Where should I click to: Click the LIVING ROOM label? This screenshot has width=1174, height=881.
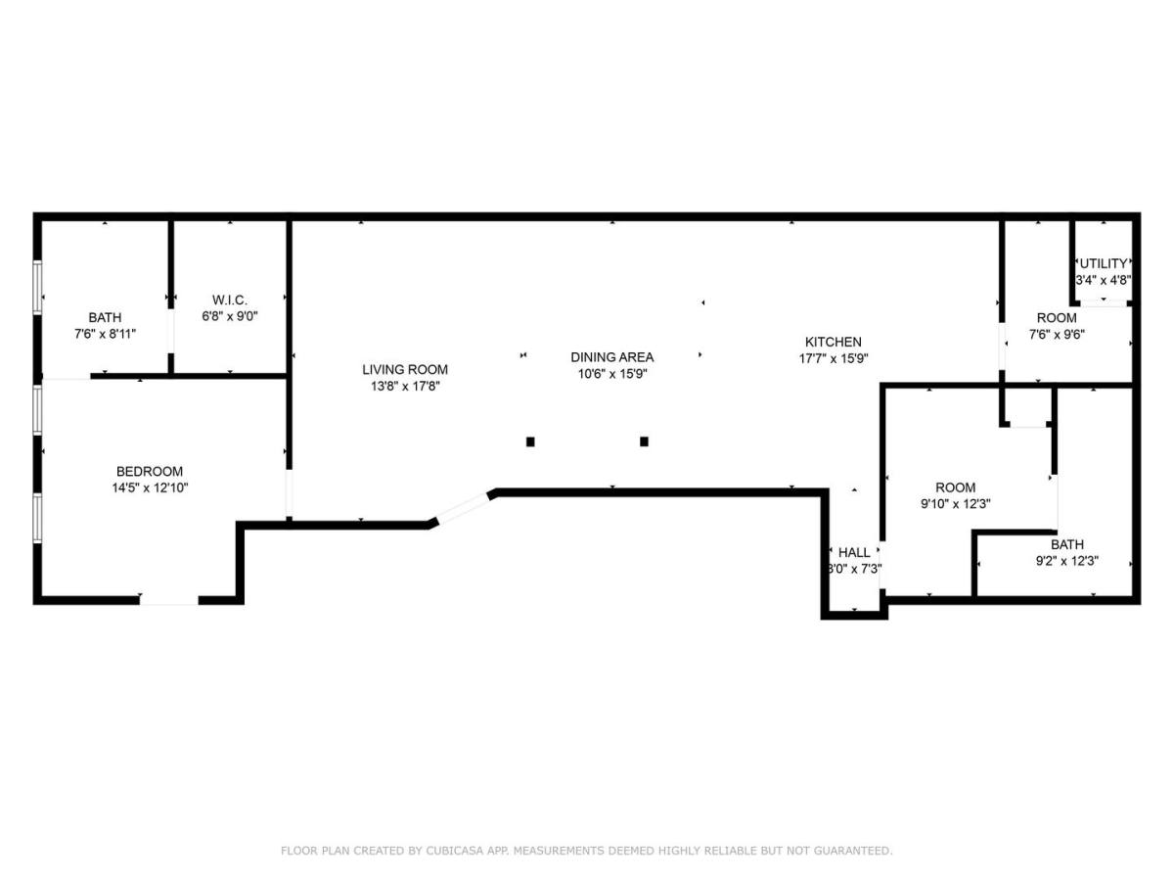[x=405, y=369]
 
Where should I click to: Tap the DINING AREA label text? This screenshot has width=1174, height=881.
[x=611, y=356]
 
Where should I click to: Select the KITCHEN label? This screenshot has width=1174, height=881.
[x=834, y=342]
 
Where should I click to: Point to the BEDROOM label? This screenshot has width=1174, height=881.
[x=150, y=471]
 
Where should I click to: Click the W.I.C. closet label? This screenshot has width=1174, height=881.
[x=230, y=300]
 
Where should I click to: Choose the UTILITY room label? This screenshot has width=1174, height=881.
[x=1104, y=263]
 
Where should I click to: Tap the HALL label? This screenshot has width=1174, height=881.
[x=854, y=552]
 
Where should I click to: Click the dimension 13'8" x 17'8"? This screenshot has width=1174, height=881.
[x=405, y=386]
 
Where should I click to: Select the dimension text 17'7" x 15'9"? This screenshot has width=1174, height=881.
[x=834, y=358]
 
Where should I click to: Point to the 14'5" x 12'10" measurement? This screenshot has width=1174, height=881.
[x=150, y=487]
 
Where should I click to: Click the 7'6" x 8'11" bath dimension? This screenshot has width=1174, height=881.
[x=105, y=334]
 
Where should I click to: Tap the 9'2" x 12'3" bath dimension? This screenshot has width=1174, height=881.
[x=1067, y=561]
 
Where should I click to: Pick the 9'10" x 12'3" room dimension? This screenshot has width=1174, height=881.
[x=955, y=503]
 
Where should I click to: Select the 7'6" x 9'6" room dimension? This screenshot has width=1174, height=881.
[x=1057, y=335]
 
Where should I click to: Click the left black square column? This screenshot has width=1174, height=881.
[x=530, y=441]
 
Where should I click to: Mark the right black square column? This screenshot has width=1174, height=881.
[x=644, y=441]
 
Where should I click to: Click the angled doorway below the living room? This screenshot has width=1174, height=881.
[x=464, y=508]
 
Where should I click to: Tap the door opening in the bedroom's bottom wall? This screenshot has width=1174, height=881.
[x=169, y=600]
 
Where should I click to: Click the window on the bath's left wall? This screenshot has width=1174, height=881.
[x=37, y=287]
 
